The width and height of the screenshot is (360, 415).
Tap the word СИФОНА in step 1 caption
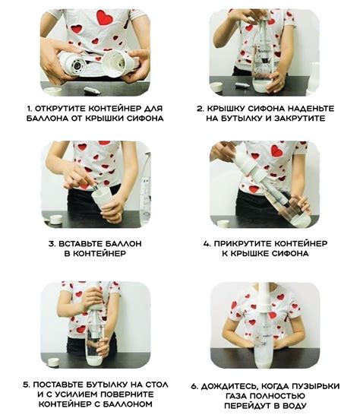click(145, 119)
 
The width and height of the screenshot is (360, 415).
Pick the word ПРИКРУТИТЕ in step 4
click(242, 243)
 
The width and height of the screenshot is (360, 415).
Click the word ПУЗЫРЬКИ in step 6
click(315, 386)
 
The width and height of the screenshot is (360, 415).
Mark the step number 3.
click(52, 243)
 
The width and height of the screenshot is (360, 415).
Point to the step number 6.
click(194, 386)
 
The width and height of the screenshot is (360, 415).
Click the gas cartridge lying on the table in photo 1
click(92, 90)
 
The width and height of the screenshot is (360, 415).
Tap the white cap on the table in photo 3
click(55, 220)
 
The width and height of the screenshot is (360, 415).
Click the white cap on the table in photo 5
click(54, 362)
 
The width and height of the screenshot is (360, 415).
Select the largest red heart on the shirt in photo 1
click(105, 17)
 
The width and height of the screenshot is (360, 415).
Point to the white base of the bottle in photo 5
click(94, 361)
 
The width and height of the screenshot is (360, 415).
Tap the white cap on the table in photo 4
click(223, 224)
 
